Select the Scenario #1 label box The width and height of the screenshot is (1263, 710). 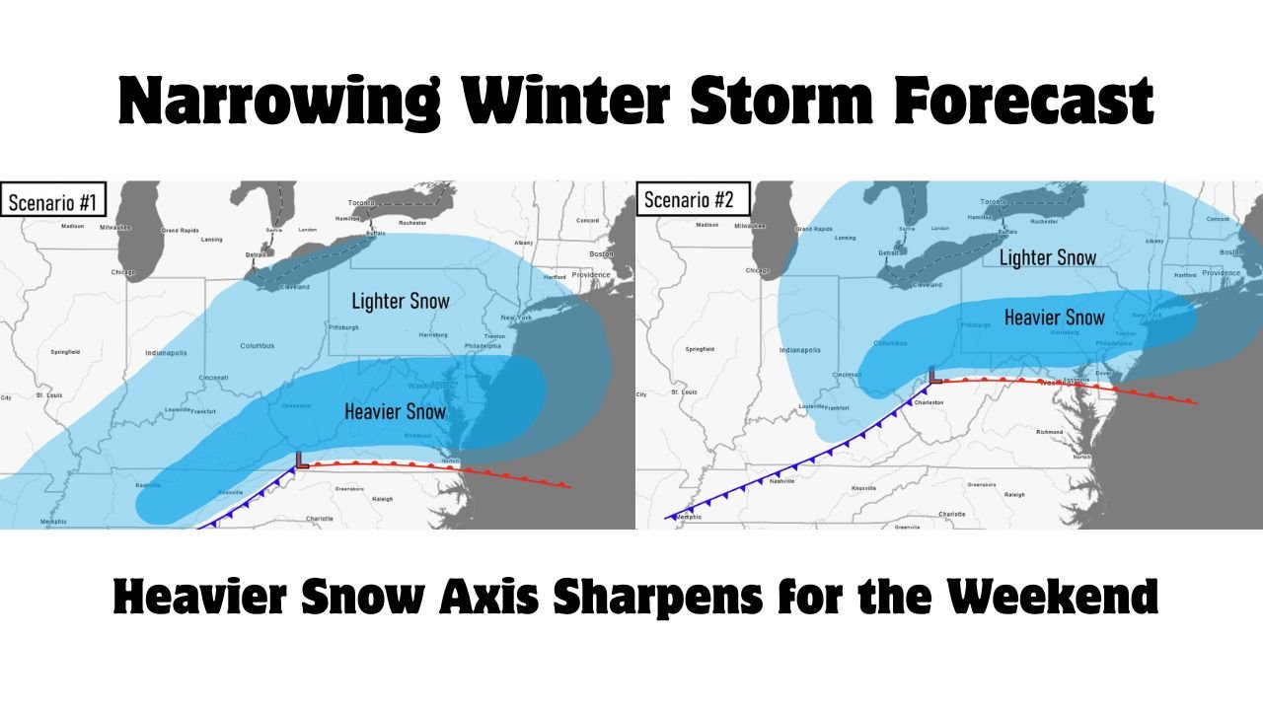(x=52, y=203)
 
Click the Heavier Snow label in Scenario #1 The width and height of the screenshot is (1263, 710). (x=396, y=410)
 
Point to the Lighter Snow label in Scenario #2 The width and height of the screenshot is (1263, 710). (x=1048, y=257)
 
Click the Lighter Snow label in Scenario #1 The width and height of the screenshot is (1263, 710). (x=401, y=301)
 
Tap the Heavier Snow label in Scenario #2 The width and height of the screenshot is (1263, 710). (x=1054, y=317)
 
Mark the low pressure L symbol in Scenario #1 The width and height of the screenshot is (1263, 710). (x=302, y=460)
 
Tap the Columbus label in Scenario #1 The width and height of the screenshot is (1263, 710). (x=257, y=346)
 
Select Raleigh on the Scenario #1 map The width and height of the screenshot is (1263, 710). (x=381, y=499)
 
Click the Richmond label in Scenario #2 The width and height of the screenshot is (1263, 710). (x=1049, y=432)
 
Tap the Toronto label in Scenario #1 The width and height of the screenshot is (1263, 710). (x=362, y=203)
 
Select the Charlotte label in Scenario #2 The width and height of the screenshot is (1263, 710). (x=952, y=514)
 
